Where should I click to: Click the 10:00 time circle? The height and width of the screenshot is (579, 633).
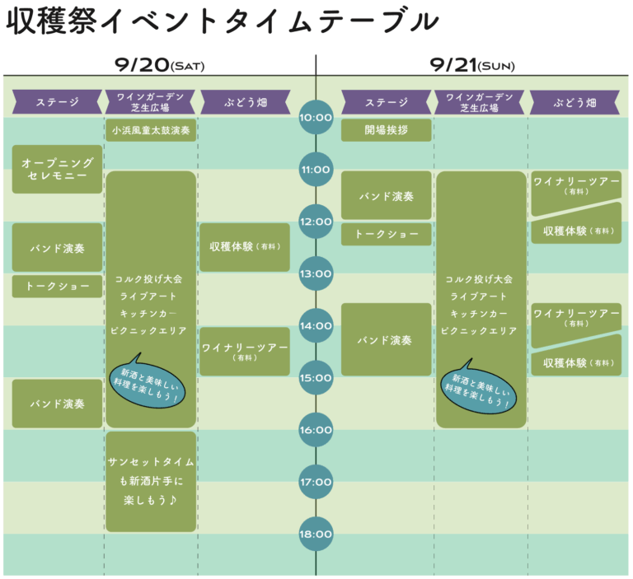tap(316, 118)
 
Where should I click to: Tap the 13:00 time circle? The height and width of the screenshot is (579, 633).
tap(316, 273)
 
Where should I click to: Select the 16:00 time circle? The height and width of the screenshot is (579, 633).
tap(316, 429)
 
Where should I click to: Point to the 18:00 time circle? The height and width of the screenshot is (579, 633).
tap(316, 534)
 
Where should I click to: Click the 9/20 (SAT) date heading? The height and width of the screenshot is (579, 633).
tap(159, 65)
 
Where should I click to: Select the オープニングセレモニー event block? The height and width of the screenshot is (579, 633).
tap(57, 170)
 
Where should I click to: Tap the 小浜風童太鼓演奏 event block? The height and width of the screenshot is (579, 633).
tap(151, 130)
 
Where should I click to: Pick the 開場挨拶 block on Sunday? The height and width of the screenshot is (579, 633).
tap(386, 130)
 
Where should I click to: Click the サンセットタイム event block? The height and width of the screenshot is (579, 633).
tap(151, 481)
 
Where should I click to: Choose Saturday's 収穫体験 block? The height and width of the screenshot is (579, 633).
tap(244, 247)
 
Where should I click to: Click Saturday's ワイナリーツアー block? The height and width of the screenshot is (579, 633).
tap(244, 351)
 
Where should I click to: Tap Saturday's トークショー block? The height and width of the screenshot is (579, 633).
tap(57, 286)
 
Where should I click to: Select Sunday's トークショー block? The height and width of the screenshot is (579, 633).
tap(386, 234)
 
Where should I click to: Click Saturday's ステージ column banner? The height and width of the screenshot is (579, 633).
tap(57, 102)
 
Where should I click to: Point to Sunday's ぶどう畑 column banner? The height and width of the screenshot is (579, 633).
tap(575, 102)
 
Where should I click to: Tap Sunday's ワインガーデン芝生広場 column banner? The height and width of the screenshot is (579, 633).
tap(479, 102)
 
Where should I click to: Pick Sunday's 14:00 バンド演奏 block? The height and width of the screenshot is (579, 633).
tap(386, 339)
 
